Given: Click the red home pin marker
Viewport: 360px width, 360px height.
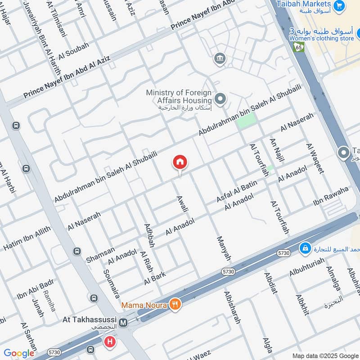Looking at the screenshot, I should click(180, 162).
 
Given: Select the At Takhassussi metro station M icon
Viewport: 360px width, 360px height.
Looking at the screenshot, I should click(123, 323).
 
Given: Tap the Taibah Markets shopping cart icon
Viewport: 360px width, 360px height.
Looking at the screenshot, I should click(339, 6).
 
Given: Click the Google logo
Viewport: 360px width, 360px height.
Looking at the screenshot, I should click(19, 353).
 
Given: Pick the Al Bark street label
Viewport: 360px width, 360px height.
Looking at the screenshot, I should click(155, 278).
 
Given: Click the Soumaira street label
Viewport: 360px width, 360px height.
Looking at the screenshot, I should click(112, 284).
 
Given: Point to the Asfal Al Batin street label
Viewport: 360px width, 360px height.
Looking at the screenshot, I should click(237, 191).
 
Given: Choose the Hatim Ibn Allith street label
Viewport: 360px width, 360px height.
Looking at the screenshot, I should click(27, 239).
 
